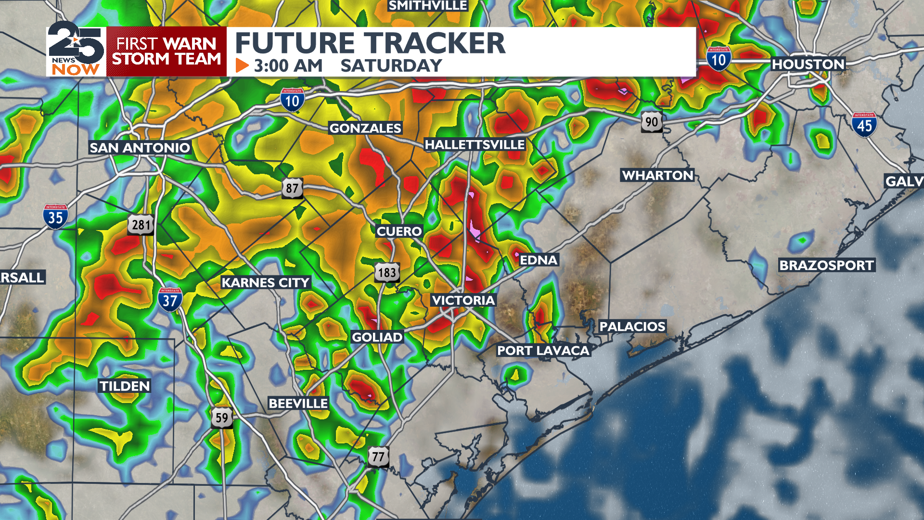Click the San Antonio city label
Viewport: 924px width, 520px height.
click(x=140, y=148)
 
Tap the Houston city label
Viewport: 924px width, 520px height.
click(x=808, y=64)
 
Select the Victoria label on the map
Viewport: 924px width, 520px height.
click(x=463, y=300)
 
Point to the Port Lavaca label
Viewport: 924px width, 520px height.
click(x=543, y=351)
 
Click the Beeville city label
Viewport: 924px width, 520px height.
click(x=298, y=403)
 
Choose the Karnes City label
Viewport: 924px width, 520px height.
click(x=265, y=283)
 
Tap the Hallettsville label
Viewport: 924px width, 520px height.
click(x=475, y=144)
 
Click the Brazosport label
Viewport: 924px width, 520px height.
click(x=826, y=265)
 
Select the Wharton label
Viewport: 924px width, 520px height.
click(x=657, y=175)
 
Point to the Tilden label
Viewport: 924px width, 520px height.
click(x=125, y=386)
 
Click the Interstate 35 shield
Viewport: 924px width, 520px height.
click(x=55, y=217)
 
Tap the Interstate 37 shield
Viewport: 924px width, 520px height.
click(x=170, y=300)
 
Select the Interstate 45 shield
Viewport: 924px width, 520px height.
click(x=864, y=125)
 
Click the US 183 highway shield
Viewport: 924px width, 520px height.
click(x=387, y=273)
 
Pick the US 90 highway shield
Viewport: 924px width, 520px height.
click(x=652, y=122)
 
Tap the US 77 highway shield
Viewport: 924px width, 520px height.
click(x=378, y=456)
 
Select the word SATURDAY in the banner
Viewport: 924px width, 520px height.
click(x=391, y=66)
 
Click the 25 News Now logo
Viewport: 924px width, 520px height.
click(x=76, y=50)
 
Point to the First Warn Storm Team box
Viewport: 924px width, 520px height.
click(x=166, y=52)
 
